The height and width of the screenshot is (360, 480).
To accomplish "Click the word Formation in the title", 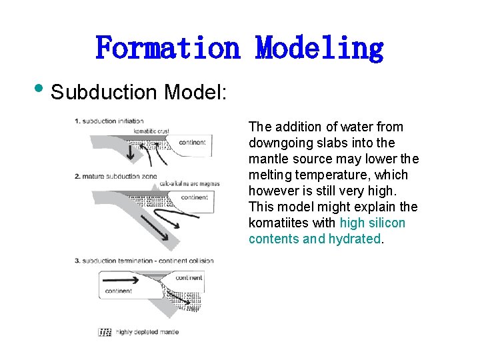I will click(x=167, y=48).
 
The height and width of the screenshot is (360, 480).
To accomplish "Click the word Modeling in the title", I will click(x=320, y=48).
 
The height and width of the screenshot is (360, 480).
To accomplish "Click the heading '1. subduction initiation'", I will click(x=110, y=121).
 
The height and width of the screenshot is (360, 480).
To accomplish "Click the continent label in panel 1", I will click(x=193, y=142).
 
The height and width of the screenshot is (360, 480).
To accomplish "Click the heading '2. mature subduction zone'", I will click(x=116, y=176).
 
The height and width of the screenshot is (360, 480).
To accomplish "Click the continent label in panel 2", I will click(x=194, y=197).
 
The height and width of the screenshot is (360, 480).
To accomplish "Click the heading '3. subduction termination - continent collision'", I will click(x=144, y=260).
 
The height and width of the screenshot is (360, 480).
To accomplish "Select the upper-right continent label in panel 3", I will click(x=189, y=277).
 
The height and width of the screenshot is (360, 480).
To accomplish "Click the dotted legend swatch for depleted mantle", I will click(x=105, y=332).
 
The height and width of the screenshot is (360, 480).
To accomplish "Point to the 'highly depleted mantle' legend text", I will click(x=147, y=332).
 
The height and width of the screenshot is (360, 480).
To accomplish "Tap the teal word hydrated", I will click(x=354, y=239).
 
